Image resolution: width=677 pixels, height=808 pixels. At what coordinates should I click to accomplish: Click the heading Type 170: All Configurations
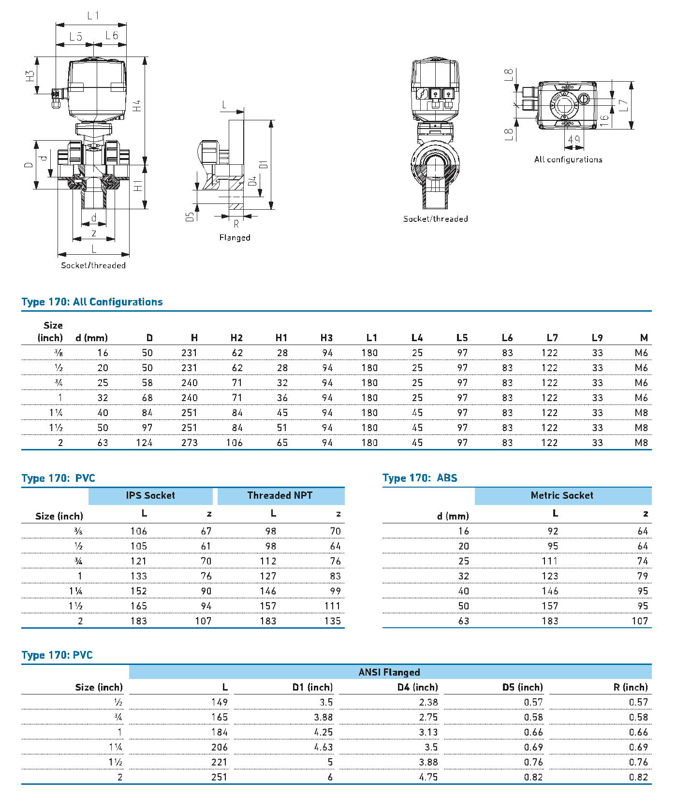(92, 302)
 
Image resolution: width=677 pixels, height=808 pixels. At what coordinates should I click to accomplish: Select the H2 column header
(236, 338)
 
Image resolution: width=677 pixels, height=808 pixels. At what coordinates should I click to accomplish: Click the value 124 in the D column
(144, 443)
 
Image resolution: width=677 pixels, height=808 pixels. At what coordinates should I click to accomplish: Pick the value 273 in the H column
(189, 443)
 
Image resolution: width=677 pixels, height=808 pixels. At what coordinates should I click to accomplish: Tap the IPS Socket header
(150, 495)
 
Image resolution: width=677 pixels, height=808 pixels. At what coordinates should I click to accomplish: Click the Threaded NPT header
(280, 495)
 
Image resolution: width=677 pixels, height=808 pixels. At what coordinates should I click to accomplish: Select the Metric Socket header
(562, 495)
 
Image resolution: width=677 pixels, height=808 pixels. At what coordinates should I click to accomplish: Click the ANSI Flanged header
(389, 672)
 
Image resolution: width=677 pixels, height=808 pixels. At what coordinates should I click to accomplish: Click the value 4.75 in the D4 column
(428, 777)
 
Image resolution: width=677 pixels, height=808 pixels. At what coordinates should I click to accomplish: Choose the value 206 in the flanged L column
(219, 747)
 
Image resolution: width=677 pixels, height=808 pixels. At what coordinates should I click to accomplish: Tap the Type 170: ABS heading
(420, 478)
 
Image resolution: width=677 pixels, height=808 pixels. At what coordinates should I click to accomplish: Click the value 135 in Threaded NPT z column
(333, 621)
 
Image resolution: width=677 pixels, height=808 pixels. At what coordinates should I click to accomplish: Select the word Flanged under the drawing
(235, 238)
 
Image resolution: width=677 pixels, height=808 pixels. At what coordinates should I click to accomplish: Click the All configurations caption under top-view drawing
(568, 159)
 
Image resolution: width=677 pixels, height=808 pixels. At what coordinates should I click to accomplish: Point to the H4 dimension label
(137, 106)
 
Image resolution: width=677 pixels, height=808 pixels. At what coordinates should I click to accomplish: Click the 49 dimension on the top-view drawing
(574, 140)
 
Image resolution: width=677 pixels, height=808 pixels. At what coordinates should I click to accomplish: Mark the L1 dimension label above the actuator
(93, 15)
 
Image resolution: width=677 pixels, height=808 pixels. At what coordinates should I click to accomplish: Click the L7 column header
(552, 338)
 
